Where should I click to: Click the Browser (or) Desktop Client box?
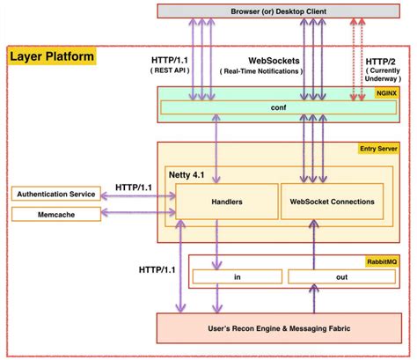[x=278, y=11]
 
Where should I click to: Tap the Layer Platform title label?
[x=52, y=56]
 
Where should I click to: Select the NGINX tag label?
[x=386, y=93]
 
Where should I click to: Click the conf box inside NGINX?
[x=278, y=107]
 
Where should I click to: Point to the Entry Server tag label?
[x=378, y=149]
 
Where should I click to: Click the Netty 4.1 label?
[x=187, y=175]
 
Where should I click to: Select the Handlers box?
[x=227, y=202]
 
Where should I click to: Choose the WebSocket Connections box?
[x=332, y=202]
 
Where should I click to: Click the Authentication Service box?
[x=56, y=194]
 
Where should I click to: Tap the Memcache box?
[x=56, y=215]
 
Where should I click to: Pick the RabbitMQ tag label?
[x=382, y=261]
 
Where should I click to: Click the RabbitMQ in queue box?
[x=238, y=276]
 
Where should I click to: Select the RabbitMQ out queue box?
[x=341, y=276]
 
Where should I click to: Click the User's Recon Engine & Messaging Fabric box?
[x=279, y=328]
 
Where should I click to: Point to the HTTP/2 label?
[x=380, y=62]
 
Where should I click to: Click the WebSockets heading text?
[x=274, y=61]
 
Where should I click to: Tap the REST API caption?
[x=170, y=70]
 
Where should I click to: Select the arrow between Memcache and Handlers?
[x=138, y=212]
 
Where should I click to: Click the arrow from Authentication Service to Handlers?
[x=138, y=195]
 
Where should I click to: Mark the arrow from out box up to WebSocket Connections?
[x=314, y=245]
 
